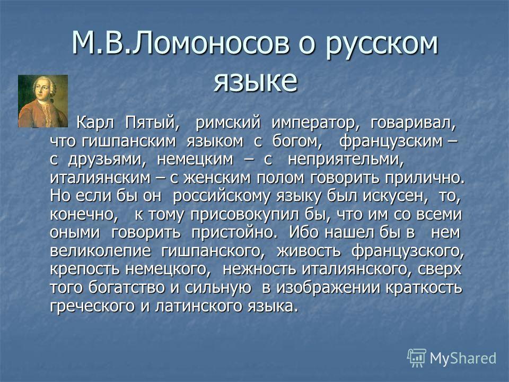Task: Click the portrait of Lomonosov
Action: coord(43,101)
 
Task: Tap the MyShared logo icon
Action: coord(417,358)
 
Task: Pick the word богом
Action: coord(297,142)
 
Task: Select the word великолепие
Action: coord(100,251)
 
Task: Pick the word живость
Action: coord(309,251)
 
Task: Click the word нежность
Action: coord(259,270)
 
